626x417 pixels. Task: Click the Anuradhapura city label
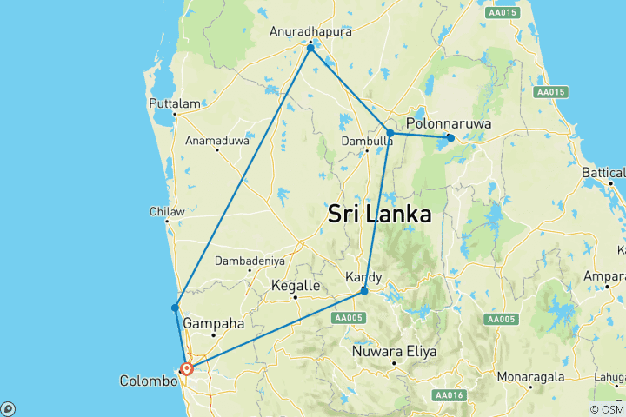click(310, 30)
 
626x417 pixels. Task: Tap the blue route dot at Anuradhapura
click(310, 47)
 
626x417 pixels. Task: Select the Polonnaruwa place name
click(449, 124)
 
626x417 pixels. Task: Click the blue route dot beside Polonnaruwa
click(450, 137)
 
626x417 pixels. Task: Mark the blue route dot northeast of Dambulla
click(390, 133)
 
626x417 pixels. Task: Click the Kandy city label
click(363, 277)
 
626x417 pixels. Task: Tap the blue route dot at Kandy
click(364, 290)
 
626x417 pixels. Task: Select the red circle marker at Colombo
click(186, 368)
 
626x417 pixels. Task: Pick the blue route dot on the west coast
click(175, 308)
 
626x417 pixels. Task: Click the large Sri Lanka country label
click(380, 215)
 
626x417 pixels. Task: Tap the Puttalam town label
click(175, 103)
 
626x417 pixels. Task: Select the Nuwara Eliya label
click(394, 352)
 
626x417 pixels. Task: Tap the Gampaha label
click(213, 323)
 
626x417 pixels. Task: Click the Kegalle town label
click(296, 284)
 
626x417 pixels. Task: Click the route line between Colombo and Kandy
click(278, 328)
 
